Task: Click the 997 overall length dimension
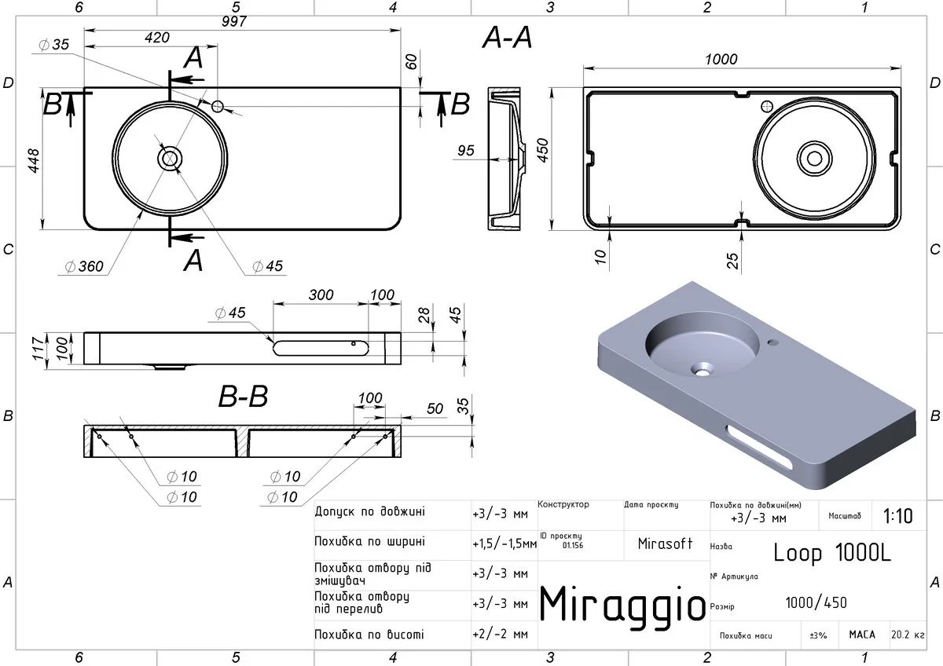[x=234, y=21]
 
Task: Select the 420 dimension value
[x=157, y=38]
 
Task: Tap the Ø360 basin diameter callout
[x=84, y=266]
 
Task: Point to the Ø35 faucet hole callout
[x=53, y=45]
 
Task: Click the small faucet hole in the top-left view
[x=218, y=106]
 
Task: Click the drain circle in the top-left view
[x=170, y=159]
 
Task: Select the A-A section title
[x=507, y=38]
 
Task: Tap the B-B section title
[x=243, y=397]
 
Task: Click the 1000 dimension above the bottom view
[x=721, y=60]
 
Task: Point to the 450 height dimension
[x=543, y=150]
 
